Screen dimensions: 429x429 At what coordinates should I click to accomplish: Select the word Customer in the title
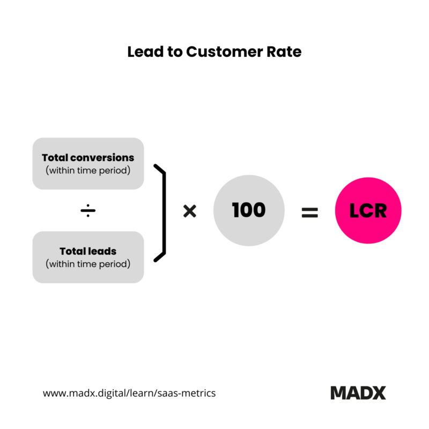(x=224, y=51)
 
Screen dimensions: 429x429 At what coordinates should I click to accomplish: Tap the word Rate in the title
(x=284, y=51)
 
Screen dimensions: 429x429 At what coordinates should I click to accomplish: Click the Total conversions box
(x=88, y=164)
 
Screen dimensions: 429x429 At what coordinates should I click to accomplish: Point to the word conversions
(x=102, y=158)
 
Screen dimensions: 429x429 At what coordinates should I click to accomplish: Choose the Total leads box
(x=88, y=257)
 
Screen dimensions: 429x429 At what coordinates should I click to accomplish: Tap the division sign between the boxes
(x=88, y=210)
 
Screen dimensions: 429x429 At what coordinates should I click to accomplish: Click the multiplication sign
(x=190, y=211)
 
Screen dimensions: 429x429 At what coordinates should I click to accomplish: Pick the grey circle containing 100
(x=249, y=210)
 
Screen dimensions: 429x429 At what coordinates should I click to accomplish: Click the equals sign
(x=310, y=212)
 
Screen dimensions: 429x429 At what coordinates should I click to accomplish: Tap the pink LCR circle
(x=368, y=210)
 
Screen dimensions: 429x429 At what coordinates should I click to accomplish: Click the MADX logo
(x=358, y=393)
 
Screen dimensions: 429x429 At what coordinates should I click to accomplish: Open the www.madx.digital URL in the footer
(x=129, y=393)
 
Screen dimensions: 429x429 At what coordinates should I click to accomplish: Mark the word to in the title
(x=175, y=52)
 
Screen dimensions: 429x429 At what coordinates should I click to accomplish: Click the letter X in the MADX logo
(x=378, y=393)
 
